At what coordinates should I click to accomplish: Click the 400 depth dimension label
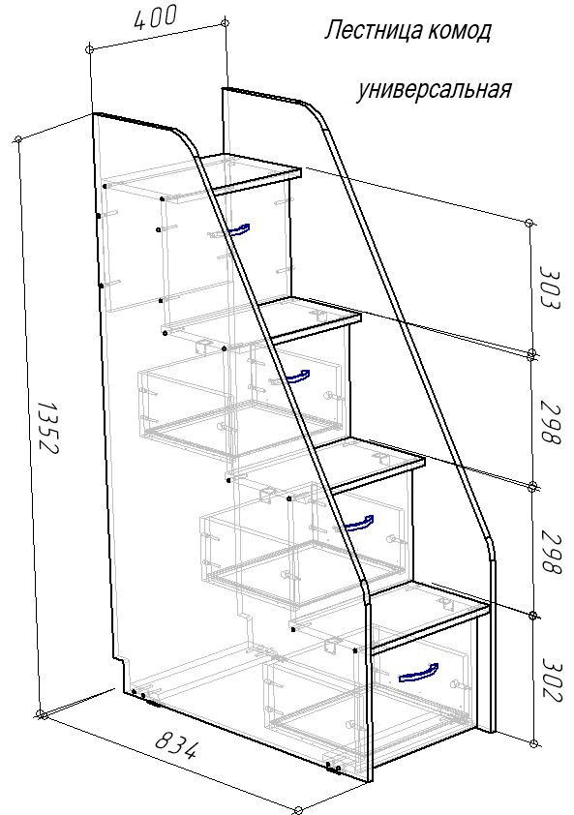(x=156, y=17)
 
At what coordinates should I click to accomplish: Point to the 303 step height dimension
(x=550, y=287)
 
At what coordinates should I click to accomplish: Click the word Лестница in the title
(x=373, y=31)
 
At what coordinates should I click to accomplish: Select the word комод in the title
(x=459, y=32)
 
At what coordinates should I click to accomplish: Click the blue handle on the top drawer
(x=238, y=230)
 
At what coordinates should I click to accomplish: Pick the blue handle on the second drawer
(x=297, y=377)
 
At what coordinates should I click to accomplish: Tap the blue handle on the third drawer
(x=359, y=524)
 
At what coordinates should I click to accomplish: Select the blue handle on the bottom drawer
(x=418, y=672)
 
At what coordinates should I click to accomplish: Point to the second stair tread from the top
(x=310, y=315)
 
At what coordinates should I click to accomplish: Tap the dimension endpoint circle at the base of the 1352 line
(x=41, y=713)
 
